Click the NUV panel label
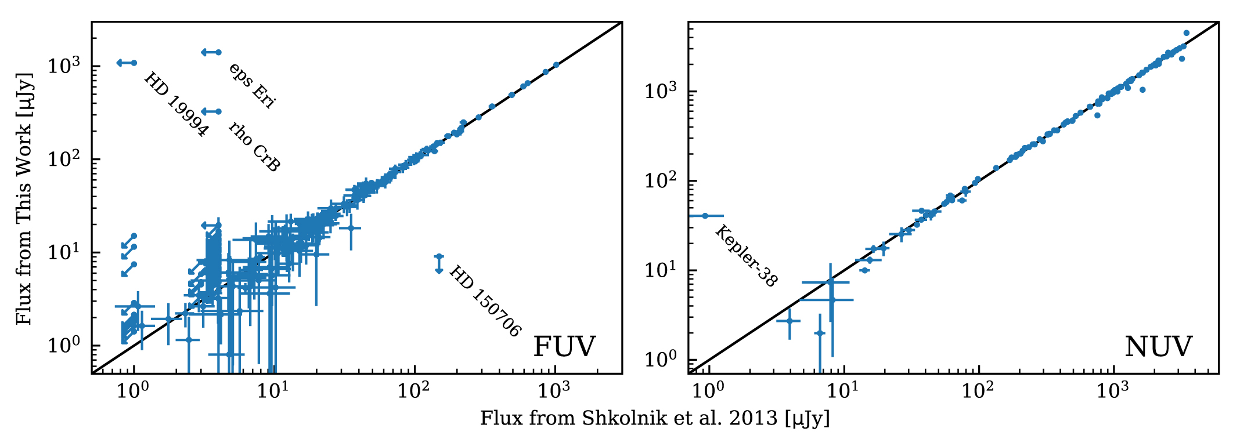(x=1158, y=347)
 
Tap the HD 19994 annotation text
(x=176, y=104)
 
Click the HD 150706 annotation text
(x=485, y=301)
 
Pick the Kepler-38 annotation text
(x=746, y=256)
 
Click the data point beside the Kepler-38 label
(x=705, y=216)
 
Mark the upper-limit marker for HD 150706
(x=439, y=264)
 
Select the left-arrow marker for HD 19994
(x=127, y=63)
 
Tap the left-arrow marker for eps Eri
(x=211, y=52)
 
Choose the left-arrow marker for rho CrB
(x=211, y=111)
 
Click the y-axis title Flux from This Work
(x=23, y=198)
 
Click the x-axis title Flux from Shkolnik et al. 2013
(x=655, y=418)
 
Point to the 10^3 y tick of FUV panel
(x=64, y=65)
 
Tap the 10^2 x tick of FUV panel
(x=414, y=390)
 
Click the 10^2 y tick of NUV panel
(x=661, y=180)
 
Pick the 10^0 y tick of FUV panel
(x=64, y=345)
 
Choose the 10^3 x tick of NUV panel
(x=1113, y=390)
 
